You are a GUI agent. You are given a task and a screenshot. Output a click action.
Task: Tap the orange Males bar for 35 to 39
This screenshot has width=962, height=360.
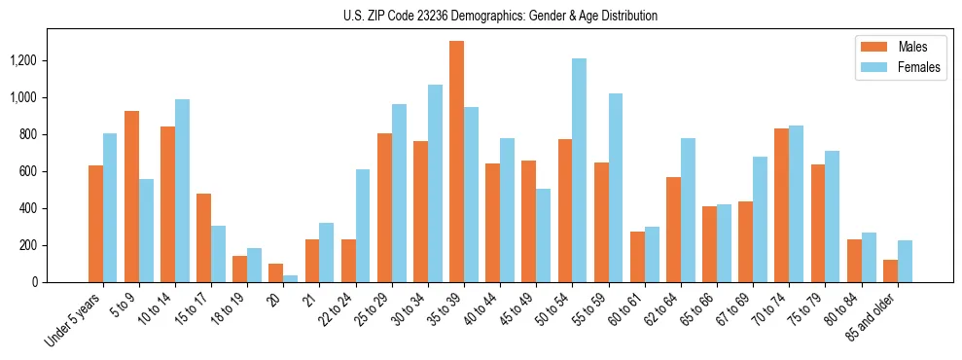pyautogui.click(x=456, y=162)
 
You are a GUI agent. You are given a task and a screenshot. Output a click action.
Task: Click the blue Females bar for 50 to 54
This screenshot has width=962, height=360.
pyautogui.click(x=580, y=170)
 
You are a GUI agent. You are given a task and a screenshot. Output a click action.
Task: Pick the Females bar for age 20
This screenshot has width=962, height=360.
pyautogui.click(x=291, y=278)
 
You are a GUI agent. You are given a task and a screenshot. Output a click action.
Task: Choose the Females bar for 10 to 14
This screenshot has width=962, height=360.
pyautogui.click(x=182, y=191)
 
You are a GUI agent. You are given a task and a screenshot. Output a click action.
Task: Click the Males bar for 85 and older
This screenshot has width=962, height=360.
pyautogui.click(x=890, y=270)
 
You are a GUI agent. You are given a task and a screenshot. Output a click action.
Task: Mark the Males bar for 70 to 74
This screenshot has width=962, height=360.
pyautogui.click(x=782, y=205)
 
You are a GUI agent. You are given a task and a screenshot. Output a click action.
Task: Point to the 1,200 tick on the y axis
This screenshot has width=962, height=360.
pyautogui.click(x=49, y=60)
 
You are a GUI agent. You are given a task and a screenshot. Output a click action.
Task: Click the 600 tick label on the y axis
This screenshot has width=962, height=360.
pyautogui.click(x=54, y=171)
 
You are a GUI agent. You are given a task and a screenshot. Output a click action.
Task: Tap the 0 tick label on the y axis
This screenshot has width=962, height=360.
pyautogui.click(x=60, y=282)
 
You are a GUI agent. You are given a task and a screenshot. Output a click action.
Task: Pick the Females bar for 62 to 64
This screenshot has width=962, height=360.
pyautogui.click(x=688, y=210)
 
